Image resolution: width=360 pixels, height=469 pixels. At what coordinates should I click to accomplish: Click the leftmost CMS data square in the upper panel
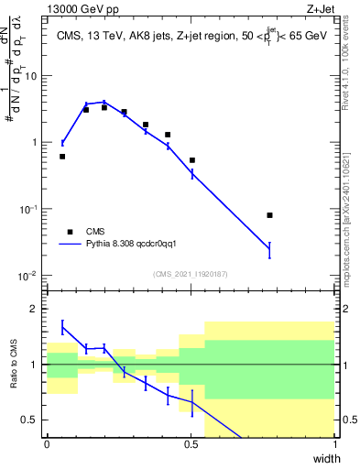tap(62, 157)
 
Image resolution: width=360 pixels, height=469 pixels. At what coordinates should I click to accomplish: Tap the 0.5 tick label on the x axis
tap(191, 443)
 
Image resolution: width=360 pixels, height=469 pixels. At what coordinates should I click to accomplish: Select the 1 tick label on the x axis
tap(334, 443)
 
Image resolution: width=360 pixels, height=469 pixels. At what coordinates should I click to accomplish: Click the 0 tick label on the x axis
tap(47, 443)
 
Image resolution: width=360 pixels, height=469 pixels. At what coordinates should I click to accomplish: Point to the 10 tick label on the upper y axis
tap(31, 76)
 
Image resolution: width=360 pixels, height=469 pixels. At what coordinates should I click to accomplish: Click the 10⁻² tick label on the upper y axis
tap(29, 276)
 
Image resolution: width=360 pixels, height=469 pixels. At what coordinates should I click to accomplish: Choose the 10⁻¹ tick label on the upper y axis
tap(29, 209)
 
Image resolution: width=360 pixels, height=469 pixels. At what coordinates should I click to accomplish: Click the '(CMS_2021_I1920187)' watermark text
tap(190, 274)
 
